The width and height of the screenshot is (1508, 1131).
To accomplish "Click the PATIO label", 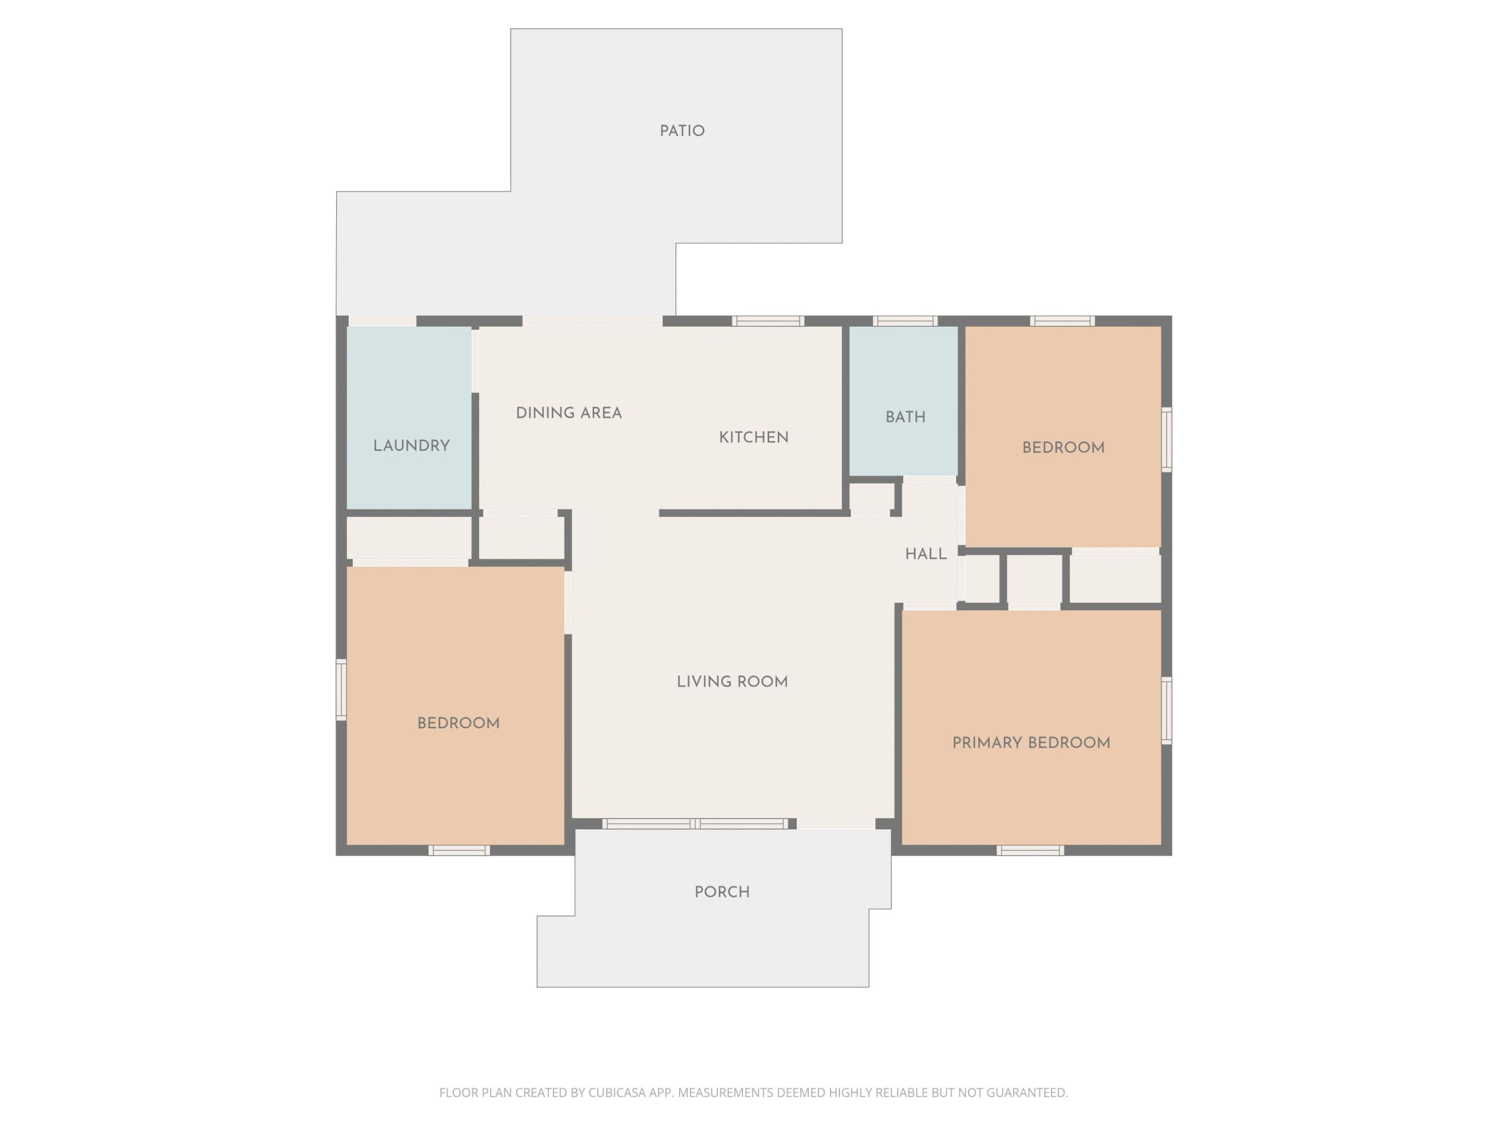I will (682, 131).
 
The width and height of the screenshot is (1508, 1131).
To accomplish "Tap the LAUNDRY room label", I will (411, 446).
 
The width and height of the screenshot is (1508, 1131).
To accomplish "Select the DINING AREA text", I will (569, 413).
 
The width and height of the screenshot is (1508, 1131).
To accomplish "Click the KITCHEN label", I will (753, 438).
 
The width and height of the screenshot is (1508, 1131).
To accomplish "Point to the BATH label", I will (905, 417).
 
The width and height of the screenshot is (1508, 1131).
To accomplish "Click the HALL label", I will (926, 555).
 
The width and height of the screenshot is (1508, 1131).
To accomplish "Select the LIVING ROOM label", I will (732, 682).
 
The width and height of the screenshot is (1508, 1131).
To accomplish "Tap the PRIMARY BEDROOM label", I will (1031, 743).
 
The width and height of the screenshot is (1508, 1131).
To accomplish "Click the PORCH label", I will (722, 892).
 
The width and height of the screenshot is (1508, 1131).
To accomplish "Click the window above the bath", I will (905, 321).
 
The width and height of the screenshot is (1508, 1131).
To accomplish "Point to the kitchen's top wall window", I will (768, 321).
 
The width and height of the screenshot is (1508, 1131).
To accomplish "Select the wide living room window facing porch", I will (695, 824).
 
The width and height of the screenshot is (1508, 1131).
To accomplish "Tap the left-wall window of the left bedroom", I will (341, 689).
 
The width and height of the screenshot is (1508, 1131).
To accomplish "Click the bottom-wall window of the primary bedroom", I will (1029, 850).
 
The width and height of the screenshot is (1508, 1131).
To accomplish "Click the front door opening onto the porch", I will (836, 824).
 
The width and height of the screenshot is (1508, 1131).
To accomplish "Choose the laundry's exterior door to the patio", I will (382, 321).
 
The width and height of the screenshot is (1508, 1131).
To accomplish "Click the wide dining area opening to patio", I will (592, 321).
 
